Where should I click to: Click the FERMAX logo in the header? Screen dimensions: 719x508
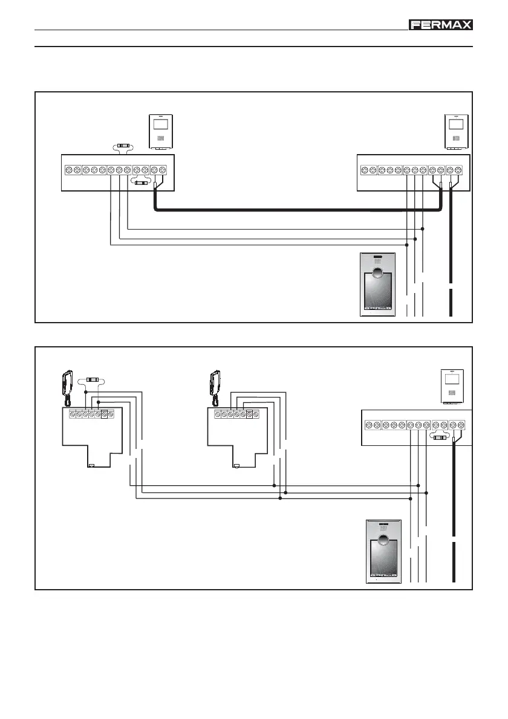point(441,25)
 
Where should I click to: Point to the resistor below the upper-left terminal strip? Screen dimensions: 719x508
point(141,182)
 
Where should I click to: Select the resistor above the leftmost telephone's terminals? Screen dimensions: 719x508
point(92,379)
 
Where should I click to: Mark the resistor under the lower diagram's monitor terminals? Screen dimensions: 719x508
point(439,437)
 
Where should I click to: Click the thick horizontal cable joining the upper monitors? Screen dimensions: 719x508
point(296,210)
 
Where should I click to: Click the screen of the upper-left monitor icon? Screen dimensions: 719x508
point(161,125)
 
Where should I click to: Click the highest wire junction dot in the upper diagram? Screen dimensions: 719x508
point(422,230)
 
